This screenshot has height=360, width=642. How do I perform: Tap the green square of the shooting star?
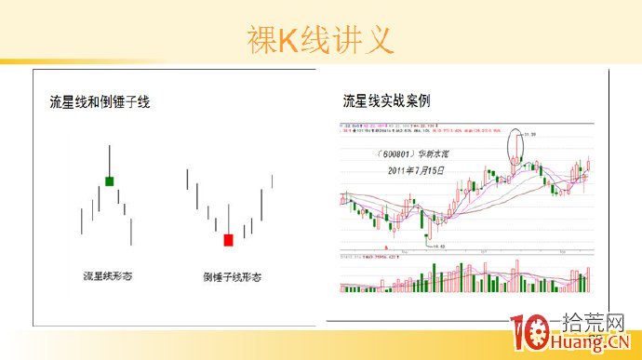point(110,180)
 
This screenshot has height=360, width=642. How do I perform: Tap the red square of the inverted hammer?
point(228,240)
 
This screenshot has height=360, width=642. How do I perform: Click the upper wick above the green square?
point(110,159)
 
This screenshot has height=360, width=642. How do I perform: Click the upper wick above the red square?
point(228,220)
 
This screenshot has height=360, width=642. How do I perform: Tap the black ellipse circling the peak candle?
point(516,149)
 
